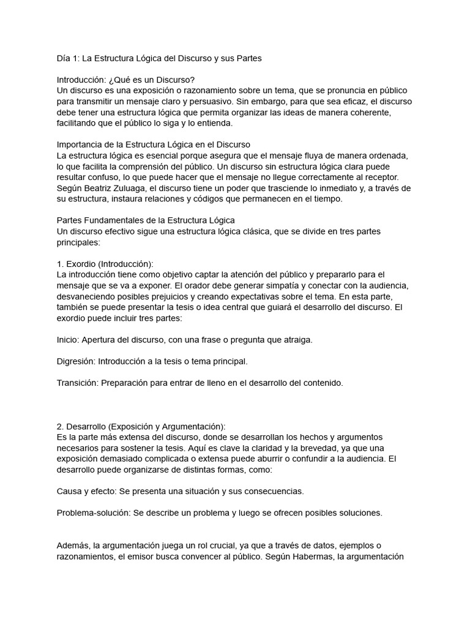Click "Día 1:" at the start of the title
pyautogui.click(x=67, y=59)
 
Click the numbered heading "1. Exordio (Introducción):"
pyautogui.click(x=105, y=263)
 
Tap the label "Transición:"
pyautogui.click(x=77, y=383)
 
